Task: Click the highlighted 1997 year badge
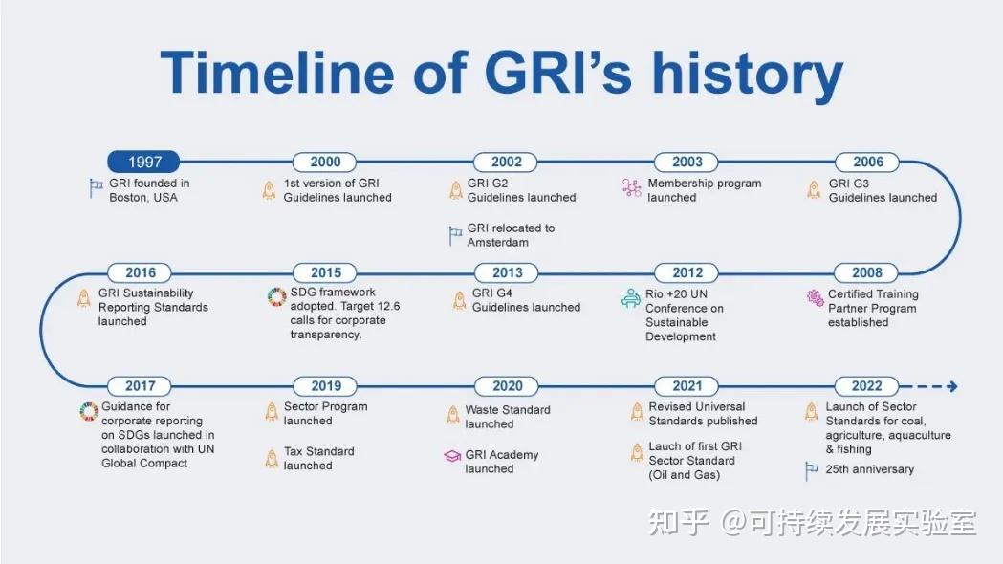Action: [143, 163]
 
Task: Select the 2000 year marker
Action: [325, 163]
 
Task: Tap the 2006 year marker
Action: [867, 163]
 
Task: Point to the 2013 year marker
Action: [507, 272]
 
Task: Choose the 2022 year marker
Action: [867, 386]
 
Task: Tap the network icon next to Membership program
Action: [631, 187]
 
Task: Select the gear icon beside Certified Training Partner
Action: [815, 298]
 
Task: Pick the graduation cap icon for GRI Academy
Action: [452, 457]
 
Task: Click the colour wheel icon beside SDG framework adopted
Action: [276, 297]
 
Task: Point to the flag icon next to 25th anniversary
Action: [812, 469]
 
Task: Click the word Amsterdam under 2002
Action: [497, 243]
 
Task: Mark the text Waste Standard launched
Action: [507, 417]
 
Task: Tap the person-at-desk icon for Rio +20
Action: [630, 298]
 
